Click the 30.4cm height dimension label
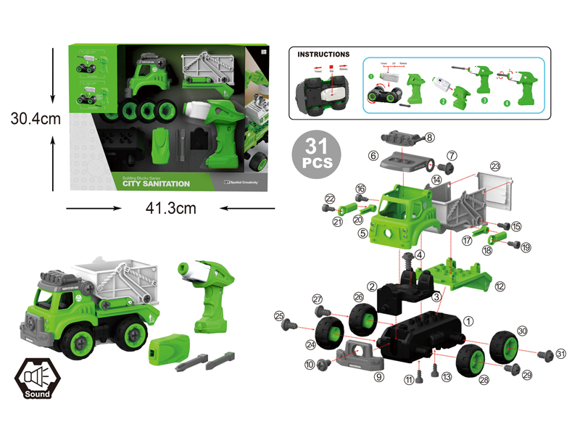30,118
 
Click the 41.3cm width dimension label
171,209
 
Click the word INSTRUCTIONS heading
324,54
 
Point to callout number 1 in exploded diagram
468,320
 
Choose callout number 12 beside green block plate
500,286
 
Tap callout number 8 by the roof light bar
430,137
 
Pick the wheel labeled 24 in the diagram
331,333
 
